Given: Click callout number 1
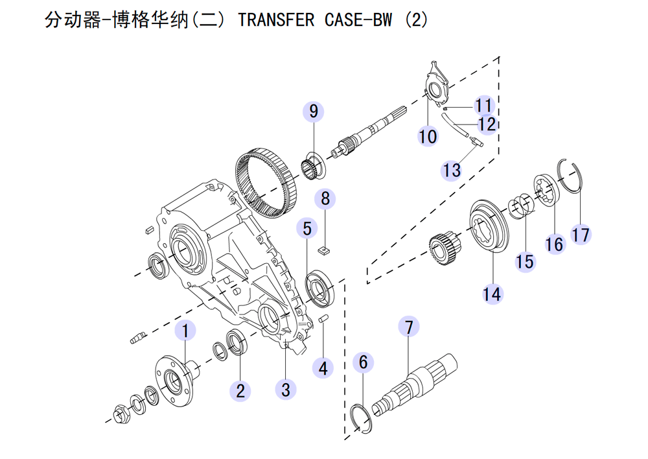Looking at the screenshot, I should tap(185, 330).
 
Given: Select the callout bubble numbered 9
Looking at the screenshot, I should tap(314, 112).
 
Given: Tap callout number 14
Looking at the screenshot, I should tap(492, 293).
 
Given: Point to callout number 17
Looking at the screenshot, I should tap(581, 233).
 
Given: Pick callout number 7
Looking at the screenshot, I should tap(409, 327).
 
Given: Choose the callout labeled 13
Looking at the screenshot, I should tap(452, 170).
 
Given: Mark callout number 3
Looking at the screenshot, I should tap(286, 389).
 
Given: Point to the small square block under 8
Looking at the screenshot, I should tap(325, 248).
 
